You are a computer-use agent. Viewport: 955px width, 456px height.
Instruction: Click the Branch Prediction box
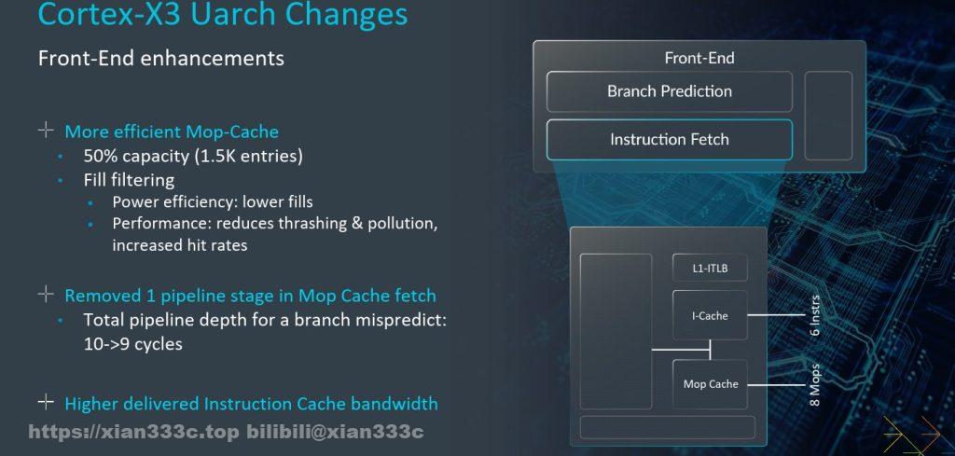click(x=670, y=91)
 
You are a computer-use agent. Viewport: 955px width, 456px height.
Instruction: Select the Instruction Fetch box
click(x=670, y=140)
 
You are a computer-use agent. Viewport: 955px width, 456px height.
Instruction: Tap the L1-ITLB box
click(x=710, y=268)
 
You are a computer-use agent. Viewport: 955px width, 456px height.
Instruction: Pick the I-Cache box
click(x=710, y=315)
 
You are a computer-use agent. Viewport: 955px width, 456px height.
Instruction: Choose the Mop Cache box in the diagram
click(x=710, y=384)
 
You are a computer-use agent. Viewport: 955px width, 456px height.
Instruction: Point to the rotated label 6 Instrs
click(x=815, y=315)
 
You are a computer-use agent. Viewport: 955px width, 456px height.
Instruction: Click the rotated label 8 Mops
click(x=815, y=385)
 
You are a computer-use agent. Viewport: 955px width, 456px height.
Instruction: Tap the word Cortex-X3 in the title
click(x=110, y=15)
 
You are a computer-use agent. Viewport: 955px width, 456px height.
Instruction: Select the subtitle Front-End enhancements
click(x=160, y=59)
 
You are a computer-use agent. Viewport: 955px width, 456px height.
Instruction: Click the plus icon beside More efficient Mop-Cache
click(x=46, y=130)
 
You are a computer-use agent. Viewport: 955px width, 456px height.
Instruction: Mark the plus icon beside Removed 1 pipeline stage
click(x=46, y=294)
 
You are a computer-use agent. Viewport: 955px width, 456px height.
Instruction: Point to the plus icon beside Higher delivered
click(x=46, y=402)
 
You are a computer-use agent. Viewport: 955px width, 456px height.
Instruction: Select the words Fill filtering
click(x=129, y=180)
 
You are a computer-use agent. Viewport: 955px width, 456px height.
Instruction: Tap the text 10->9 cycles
click(x=132, y=344)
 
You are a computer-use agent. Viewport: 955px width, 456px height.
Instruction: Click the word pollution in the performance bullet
click(x=403, y=224)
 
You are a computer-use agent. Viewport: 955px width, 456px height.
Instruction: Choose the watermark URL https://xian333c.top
click(x=134, y=433)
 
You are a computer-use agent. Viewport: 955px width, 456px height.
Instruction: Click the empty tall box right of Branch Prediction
click(x=828, y=116)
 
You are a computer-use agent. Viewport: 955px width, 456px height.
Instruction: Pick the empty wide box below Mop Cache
click(x=667, y=427)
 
